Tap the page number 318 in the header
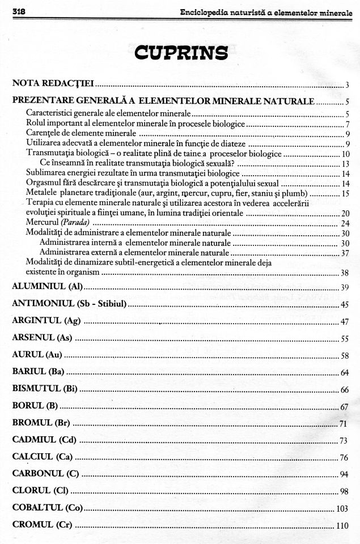(19, 12)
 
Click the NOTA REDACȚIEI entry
(53, 84)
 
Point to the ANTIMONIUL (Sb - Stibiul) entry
(69, 304)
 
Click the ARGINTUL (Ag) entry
(46, 321)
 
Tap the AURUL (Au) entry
(37, 355)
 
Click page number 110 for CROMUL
(342, 526)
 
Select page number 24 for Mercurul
(345, 223)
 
